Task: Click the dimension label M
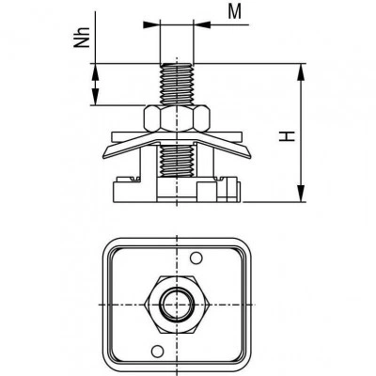point(235,12)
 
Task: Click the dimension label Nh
point(82,38)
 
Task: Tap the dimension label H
point(288,136)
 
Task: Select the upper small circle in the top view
point(196,258)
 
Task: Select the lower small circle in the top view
point(157,350)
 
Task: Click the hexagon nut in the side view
point(177,118)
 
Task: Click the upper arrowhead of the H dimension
point(301,72)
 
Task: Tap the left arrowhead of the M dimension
point(151,24)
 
